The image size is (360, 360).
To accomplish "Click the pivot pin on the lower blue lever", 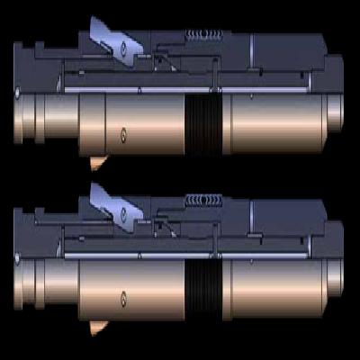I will [x=121, y=216].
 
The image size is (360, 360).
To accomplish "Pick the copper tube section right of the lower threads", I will [x=270, y=290].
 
